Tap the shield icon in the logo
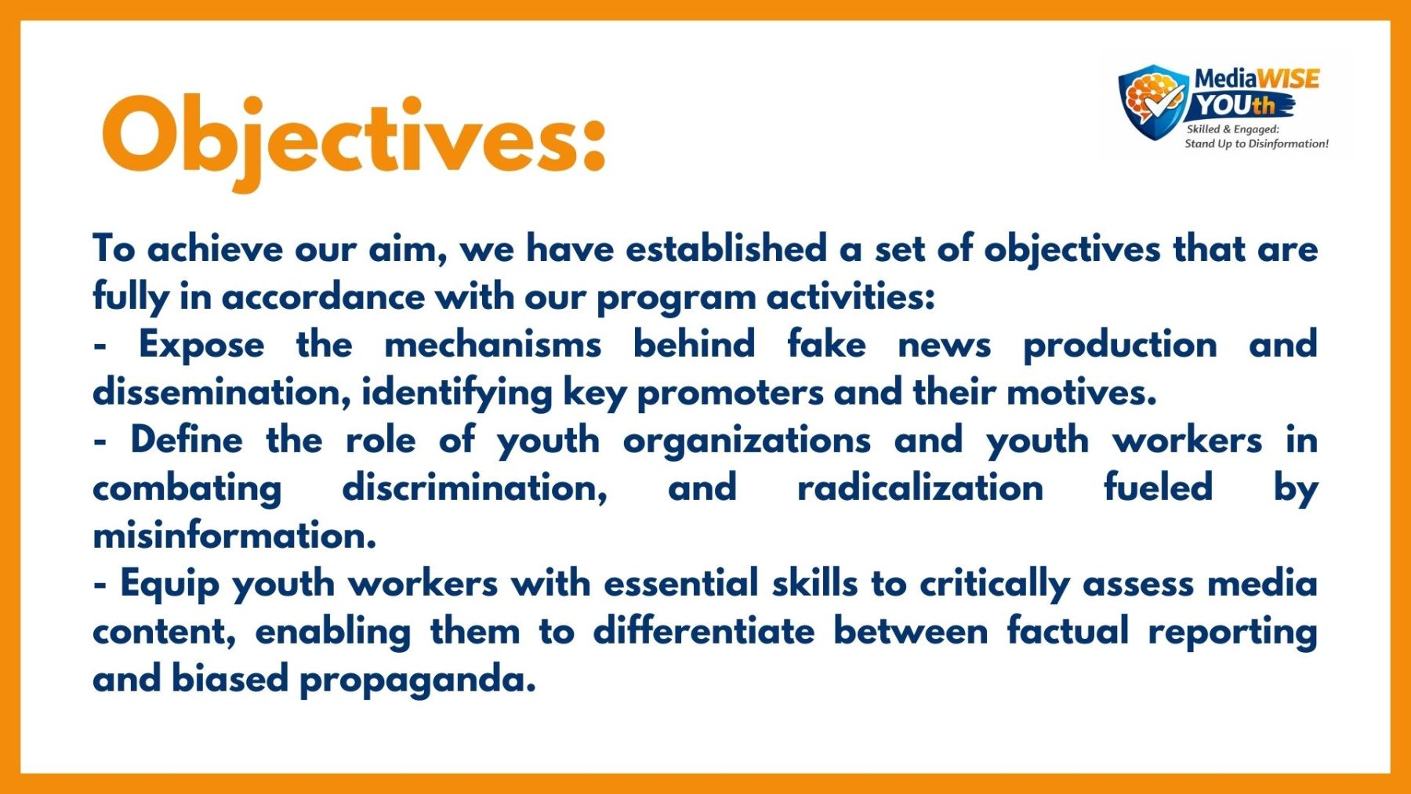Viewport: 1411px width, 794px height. pyautogui.click(x=1153, y=102)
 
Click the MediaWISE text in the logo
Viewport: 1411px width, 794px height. pyautogui.click(x=1257, y=78)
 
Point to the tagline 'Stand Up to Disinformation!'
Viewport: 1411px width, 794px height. pyautogui.click(x=1257, y=143)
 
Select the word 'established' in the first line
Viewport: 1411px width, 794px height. pyautogui.click(x=726, y=248)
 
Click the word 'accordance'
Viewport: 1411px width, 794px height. pyautogui.click(x=323, y=297)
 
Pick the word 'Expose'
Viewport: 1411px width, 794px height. pyautogui.click(x=201, y=346)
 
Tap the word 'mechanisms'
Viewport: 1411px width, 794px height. pyautogui.click(x=493, y=345)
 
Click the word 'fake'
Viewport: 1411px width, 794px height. pyautogui.click(x=826, y=344)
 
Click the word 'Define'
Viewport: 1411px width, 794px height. pyautogui.click(x=187, y=440)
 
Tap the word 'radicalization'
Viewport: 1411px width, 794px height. pyautogui.click(x=920, y=488)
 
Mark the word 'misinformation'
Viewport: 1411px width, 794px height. pyautogui.click(x=234, y=536)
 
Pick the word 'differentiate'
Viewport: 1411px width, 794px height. pyautogui.click(x=704, y=632)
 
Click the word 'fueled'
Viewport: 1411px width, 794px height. pyautogui.click(x=1158, y=488)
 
